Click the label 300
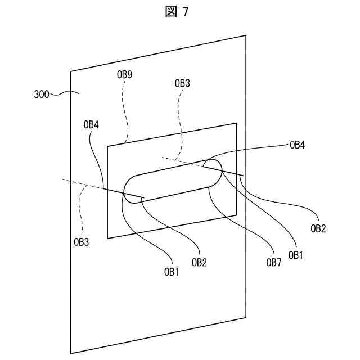(42, 94)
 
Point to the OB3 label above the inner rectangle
(182, 83)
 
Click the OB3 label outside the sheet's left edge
(82, 242)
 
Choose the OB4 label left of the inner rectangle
(91, 125)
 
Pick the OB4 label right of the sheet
(297, 145)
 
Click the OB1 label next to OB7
(296, 254)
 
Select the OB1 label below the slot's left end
(172, 272)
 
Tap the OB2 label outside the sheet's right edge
(318, 228)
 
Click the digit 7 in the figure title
(185, 12)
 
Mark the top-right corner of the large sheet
(245, 36)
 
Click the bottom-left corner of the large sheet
(71, 353)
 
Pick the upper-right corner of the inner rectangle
(236, 123)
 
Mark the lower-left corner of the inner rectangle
(107, 238)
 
